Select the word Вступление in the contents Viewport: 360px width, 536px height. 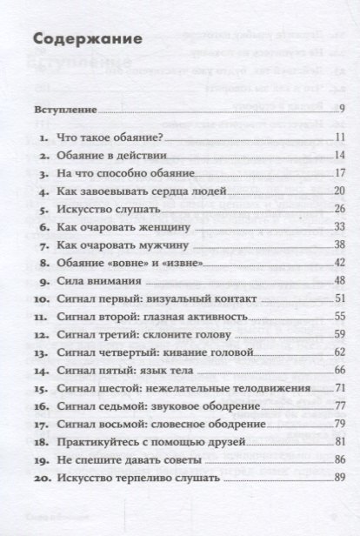click(60, 109)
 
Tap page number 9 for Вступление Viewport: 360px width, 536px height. click(343, 109)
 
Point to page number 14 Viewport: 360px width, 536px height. click(341, 155)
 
